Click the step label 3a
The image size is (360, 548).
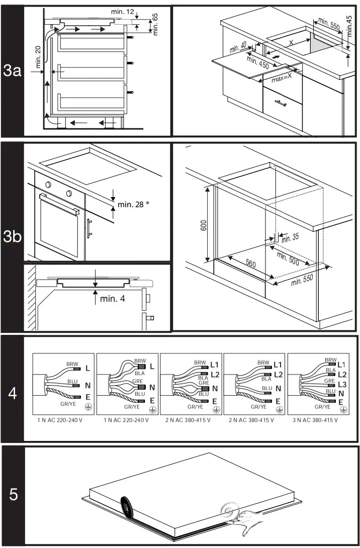coord(12,71)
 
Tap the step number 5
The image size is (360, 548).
coord(14,494)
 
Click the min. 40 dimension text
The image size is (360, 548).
coord(238,48)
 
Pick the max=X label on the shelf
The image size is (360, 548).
coord(282,78)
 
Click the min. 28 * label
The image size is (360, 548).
coord(134,204)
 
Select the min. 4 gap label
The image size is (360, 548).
coord(112,299)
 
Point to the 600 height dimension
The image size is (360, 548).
coord(203,226)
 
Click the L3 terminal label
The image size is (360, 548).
coord(342,384)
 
